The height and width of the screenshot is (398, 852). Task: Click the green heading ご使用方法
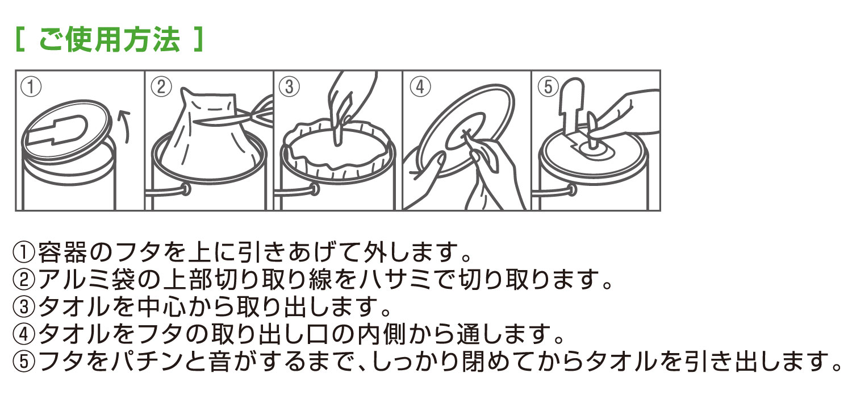click(x=109, y=39)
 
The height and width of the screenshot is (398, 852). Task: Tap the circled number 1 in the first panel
click(x=31, y=87)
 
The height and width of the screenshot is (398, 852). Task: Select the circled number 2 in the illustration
click(x=161, y=87)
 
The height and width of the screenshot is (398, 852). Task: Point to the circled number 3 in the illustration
click(x=289, y=87)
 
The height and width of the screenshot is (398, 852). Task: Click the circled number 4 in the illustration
click(x=420, y=87)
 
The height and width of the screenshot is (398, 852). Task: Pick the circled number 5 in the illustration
click(x=548, y=87)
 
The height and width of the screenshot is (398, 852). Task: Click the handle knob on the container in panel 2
click(x=186, y=189)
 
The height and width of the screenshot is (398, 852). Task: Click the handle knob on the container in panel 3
click(x=315, y=189)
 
